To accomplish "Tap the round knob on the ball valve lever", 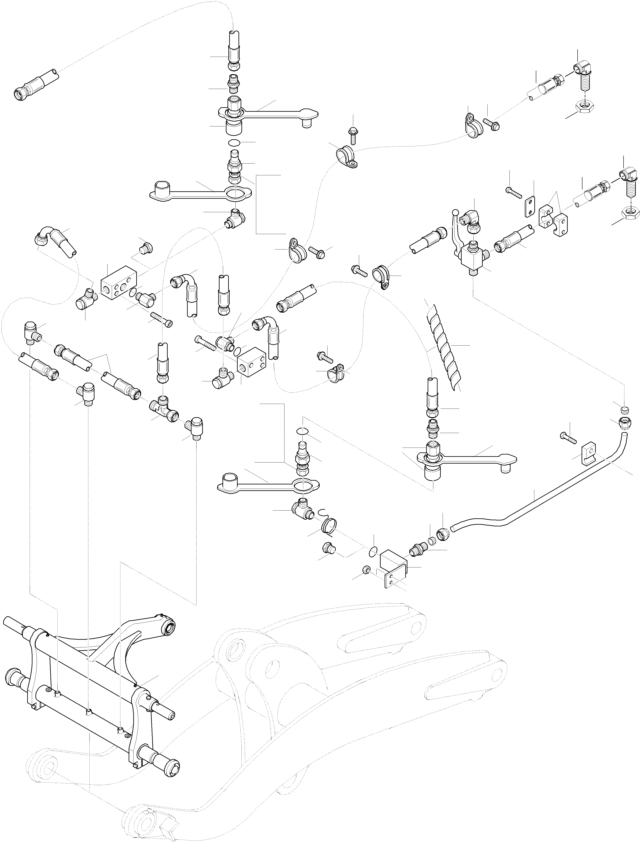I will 455,211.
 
